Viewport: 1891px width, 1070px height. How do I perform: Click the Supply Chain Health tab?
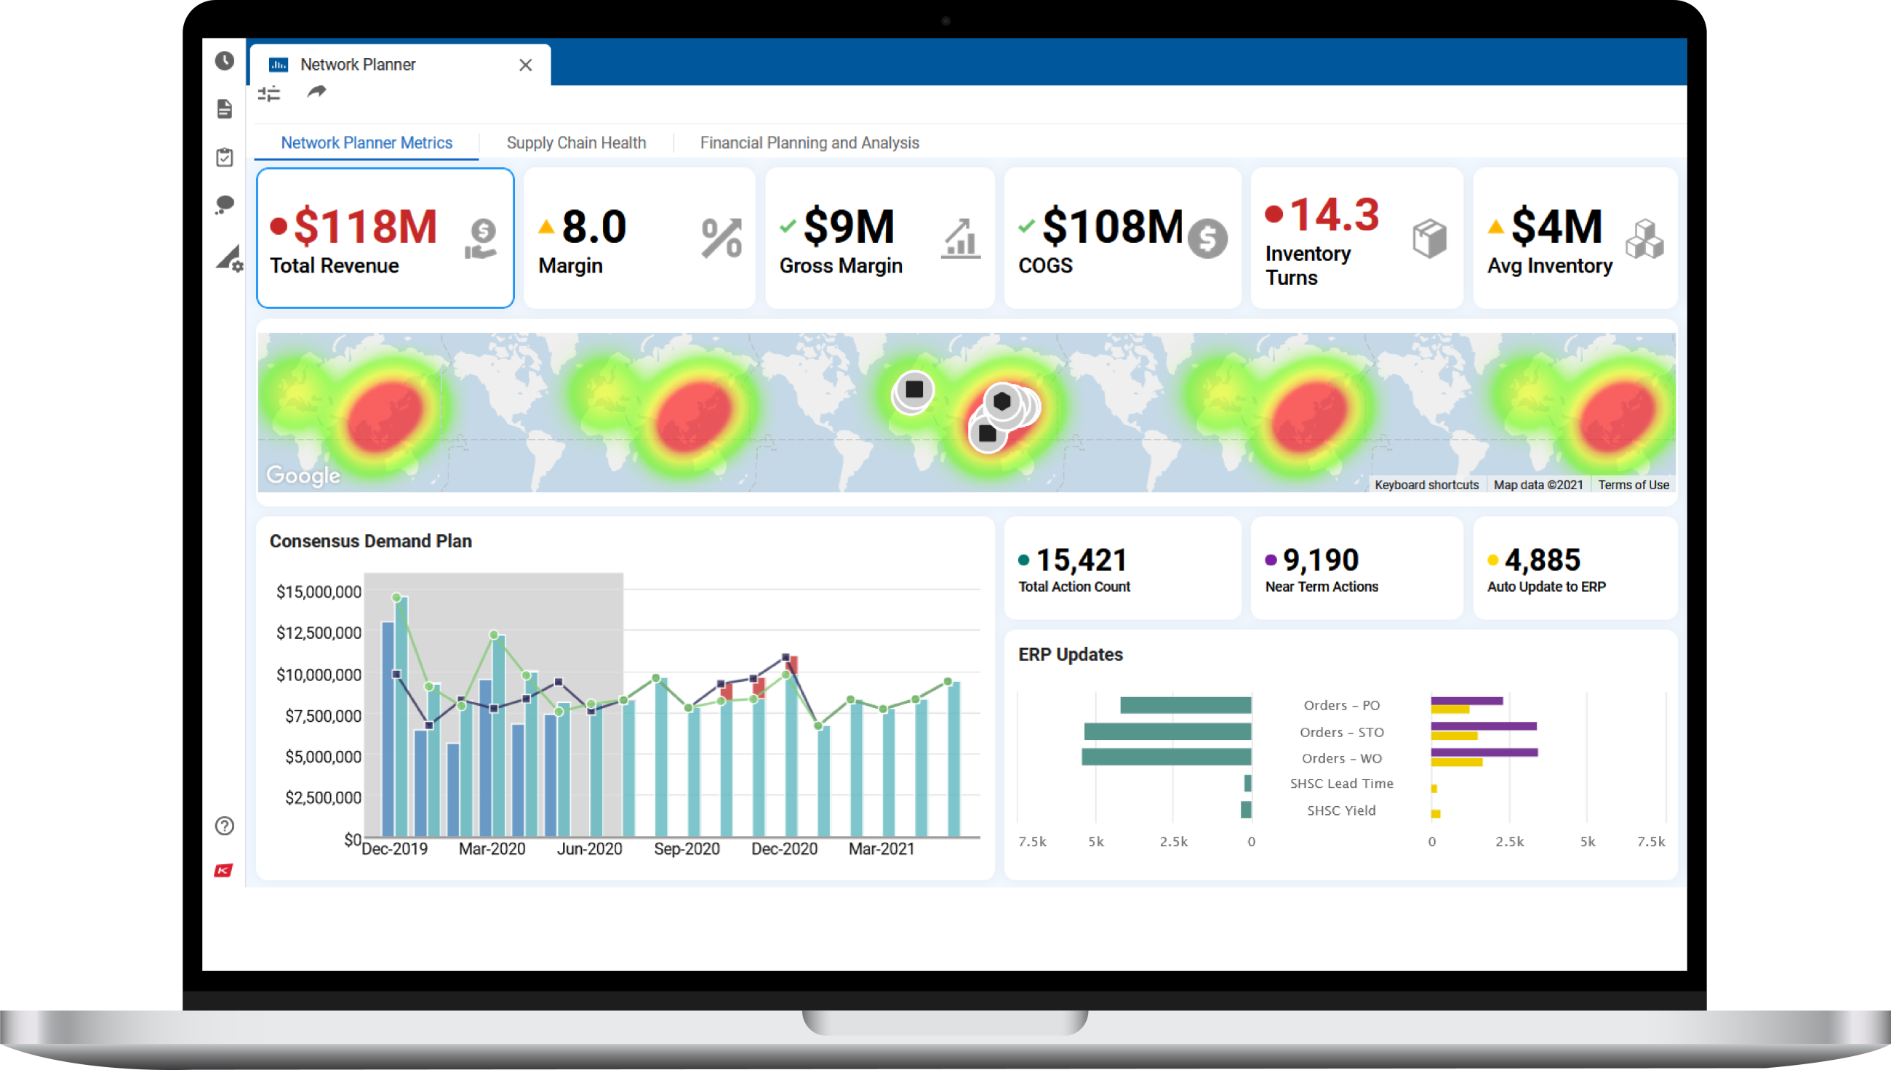576,142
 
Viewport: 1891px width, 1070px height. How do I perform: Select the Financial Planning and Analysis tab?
809,142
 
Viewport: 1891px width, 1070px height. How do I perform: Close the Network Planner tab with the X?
525,65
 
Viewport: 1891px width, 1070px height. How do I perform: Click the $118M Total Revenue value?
364,226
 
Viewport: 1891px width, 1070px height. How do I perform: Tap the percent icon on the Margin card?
721,238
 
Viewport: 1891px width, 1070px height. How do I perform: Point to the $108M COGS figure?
1111,226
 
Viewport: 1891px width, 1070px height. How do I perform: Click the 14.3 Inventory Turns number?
1334,214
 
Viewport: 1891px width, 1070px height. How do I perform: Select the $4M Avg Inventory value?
1556,226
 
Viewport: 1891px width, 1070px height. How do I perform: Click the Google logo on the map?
303,475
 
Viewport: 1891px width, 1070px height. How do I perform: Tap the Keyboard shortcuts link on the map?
1426,485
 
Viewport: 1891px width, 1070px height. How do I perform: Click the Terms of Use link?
1633,485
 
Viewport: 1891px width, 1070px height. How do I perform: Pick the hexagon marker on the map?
1002,401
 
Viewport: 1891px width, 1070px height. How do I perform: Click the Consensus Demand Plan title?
370,541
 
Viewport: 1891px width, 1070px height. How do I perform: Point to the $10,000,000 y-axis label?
319,675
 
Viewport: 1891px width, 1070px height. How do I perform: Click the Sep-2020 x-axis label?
686,849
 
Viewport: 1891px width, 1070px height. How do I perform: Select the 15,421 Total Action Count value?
1081,560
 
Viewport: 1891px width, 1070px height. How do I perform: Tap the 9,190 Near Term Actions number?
1321,560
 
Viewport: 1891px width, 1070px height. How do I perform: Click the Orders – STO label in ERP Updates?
1341,732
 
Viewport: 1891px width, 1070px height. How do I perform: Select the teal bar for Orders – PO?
1186,705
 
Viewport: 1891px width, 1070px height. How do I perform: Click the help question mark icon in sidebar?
224,826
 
